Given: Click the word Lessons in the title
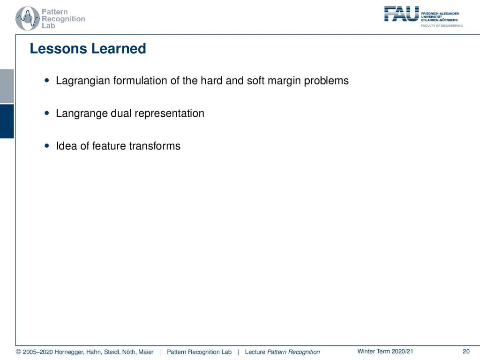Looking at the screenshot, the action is [58, 49].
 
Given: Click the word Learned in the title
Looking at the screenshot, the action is [119, 49].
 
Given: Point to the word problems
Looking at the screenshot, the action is [326, 81].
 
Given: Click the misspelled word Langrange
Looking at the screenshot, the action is [82, 113].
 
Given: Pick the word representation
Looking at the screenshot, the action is [169, 113].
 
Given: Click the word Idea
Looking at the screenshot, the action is [67, 146].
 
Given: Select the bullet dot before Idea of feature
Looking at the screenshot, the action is [47, 146].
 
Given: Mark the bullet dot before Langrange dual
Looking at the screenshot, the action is [47, 113].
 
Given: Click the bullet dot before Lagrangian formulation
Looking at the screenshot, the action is [47, 81].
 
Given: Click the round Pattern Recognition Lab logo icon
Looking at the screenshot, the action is [28, 19].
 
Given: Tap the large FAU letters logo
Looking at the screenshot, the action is [402, 14].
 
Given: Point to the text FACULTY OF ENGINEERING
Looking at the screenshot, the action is [442, 26].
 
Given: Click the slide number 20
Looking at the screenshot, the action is [466, 352].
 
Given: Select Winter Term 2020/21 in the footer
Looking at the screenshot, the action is [385, 352].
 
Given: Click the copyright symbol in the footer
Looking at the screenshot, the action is [18, 352].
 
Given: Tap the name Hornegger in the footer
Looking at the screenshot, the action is [69, 352].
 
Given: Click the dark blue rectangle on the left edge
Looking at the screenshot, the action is [7, 121].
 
